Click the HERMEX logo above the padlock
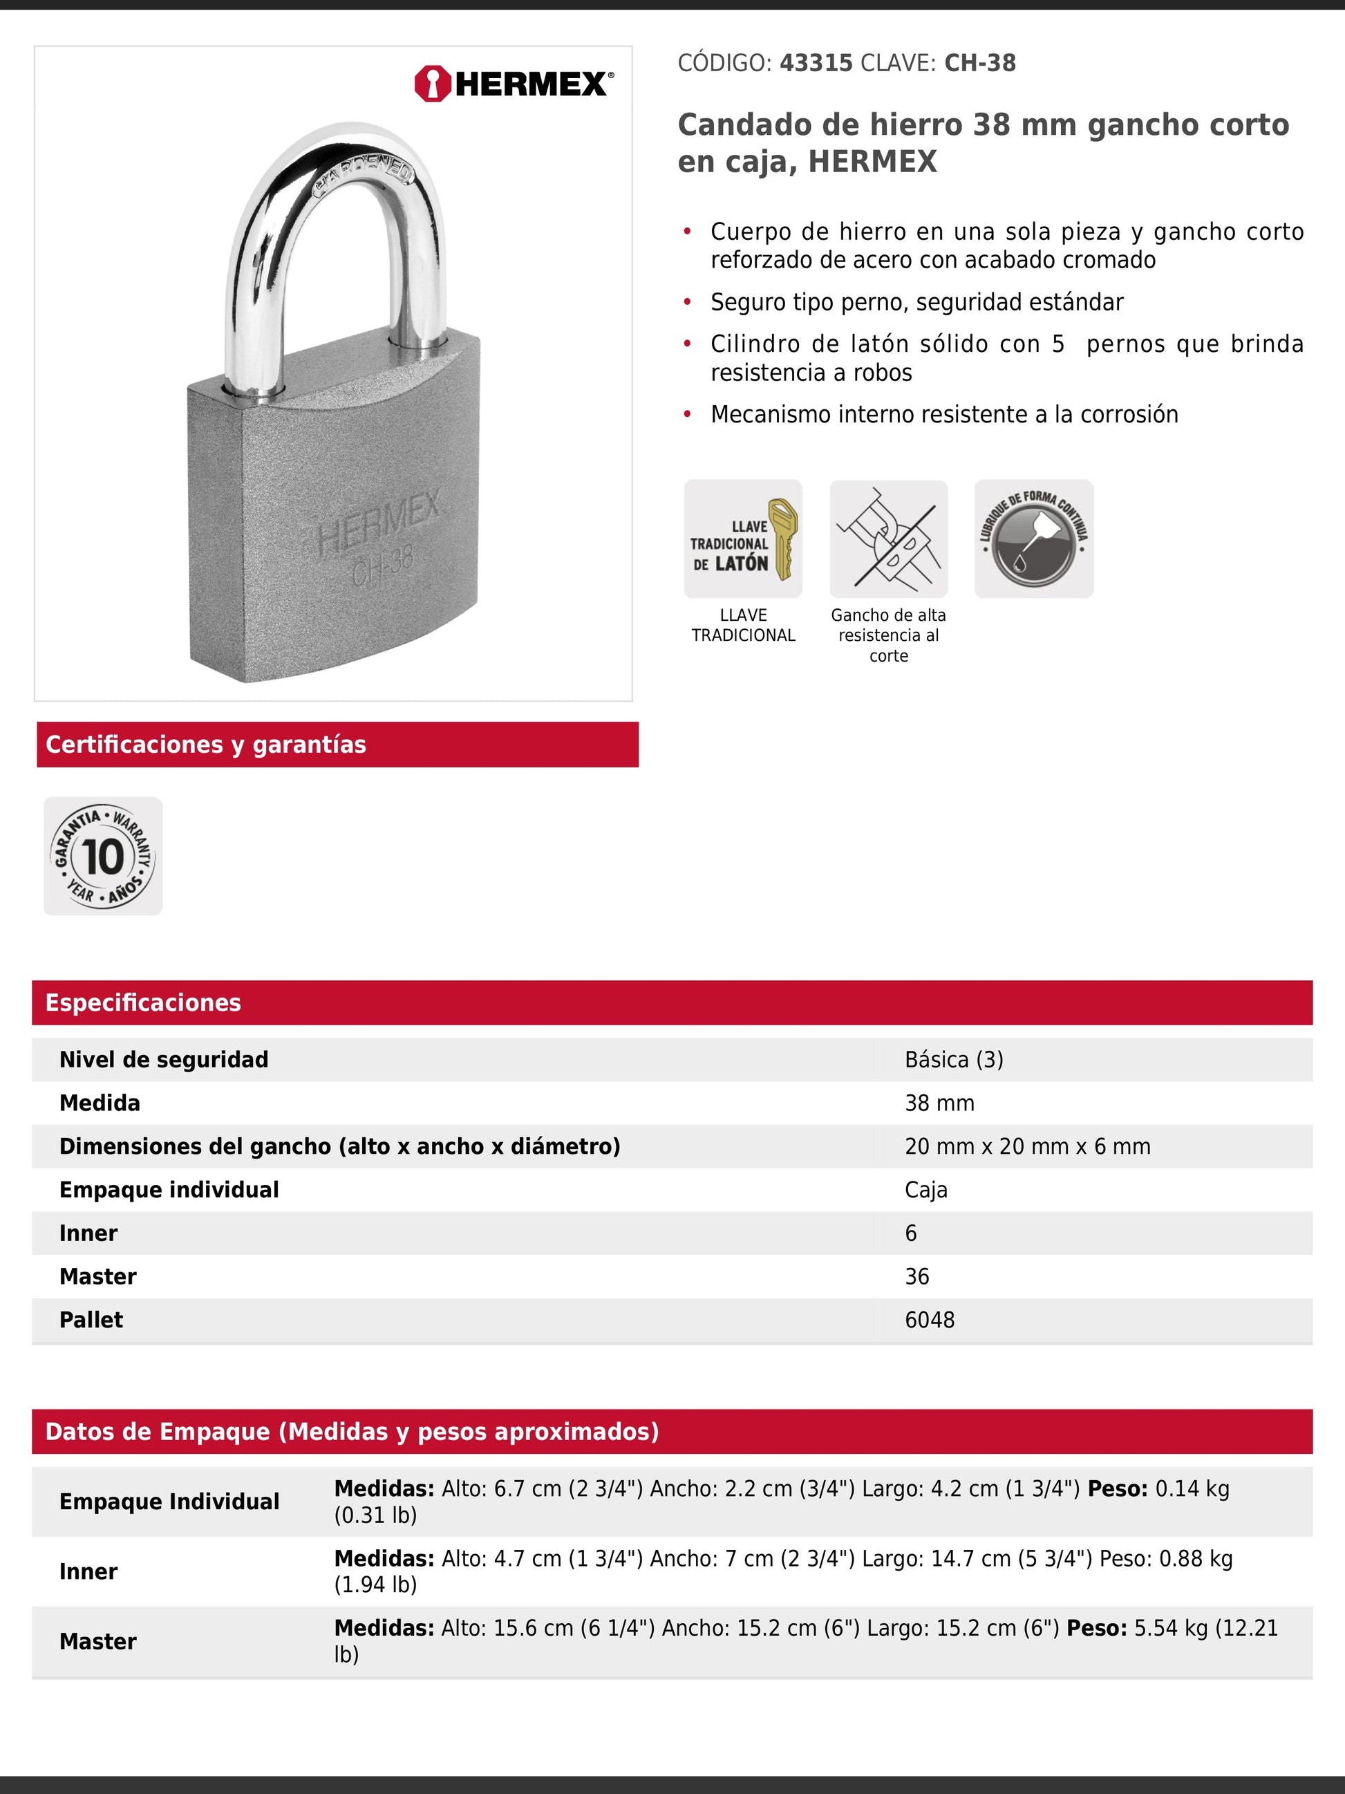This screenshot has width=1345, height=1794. pyautogui.click(x=514, y=84)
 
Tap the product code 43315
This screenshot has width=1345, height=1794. pyautogui.click(x=816, y=64)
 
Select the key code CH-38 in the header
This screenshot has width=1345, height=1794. pyautogui.click(x=979, y=64)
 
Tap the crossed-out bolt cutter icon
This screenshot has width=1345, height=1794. pyautogui.click(x=889, y=539)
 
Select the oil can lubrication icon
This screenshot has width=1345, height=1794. pyautogui.click(x=1034, y=539)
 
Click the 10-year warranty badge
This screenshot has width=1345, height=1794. pyautogui.click(x=103, y=857)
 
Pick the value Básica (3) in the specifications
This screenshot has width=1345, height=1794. pyautogui.click(x=953, y=1060)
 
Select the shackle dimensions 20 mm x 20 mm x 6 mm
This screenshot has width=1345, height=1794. pyautogui.click(x=1027, y=1147)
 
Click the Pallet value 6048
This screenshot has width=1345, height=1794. pyautogui.click(x=929, y=1320)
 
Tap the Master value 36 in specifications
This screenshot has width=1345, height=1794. pyautogui.click(x=917, y=1277)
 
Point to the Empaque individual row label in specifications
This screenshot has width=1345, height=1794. pyautogui.click(x=169, y=1190)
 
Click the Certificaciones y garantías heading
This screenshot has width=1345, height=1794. pyautogui.click(x=206, y=745)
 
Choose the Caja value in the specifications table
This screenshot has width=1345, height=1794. pyautogui.click(x=926, y=1190)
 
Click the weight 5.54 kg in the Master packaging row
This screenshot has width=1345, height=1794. pyautogui.click(x=1170, y=1629)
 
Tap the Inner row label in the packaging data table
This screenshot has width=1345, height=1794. pyautogui.click(x=88, y=1572)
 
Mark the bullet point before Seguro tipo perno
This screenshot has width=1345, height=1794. pyautogui.click(x=688, y=303)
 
